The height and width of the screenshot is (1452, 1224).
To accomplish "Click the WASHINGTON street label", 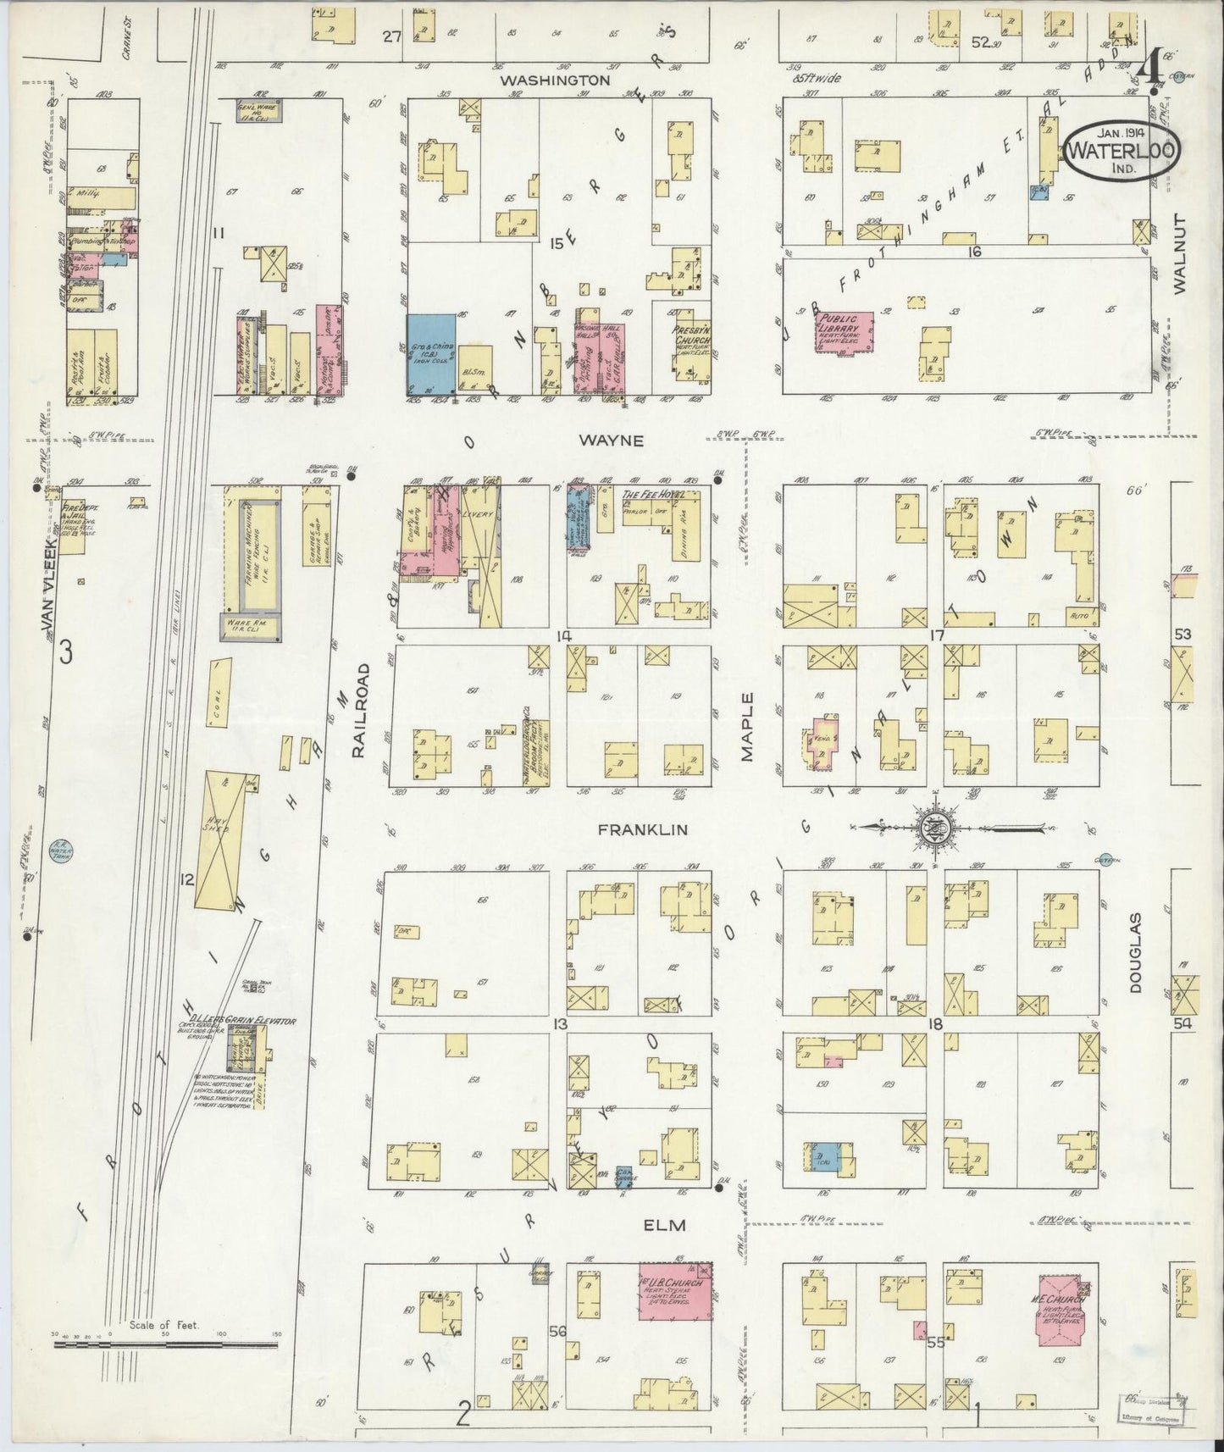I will [x=554, y=80].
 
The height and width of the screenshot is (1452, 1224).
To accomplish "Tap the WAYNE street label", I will [x=612, y=441].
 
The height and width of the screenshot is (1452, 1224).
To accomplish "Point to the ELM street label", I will [x=663, y=1224].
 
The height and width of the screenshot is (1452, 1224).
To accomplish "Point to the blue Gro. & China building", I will [x=432, y=354].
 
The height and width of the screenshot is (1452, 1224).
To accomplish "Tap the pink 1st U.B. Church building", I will [x=675, y=1297].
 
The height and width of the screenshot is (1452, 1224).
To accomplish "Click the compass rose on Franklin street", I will [x=937, y=827].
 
